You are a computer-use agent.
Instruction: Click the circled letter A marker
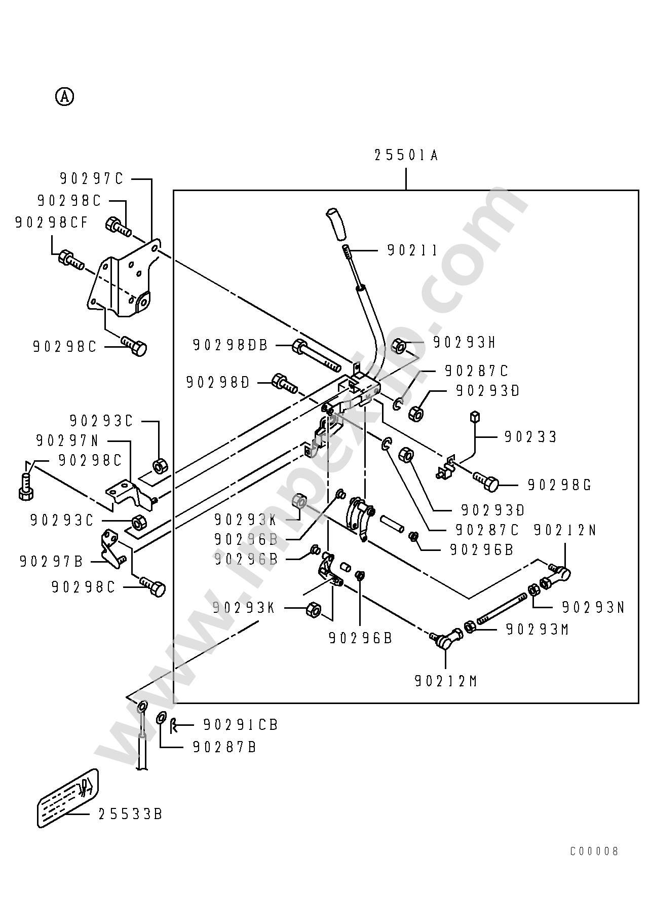click(x=64, y=96)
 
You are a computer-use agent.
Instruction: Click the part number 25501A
click(x=406, y=155)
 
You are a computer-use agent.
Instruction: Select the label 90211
click(x=412, y=250)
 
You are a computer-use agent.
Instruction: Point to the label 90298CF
click(x=51, y=223)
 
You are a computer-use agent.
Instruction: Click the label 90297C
click(x=92, y=179)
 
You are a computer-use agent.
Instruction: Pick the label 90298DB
click(x=230, y=345)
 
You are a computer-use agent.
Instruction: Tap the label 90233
click(x=530, y=437)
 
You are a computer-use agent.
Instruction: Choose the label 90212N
click(x=565, y=530)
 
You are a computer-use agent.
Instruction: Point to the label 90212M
click(x=446, y=682)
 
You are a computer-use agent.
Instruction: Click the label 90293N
click(x=593, y=607)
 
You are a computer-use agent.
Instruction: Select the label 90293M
click(x=538, y=630)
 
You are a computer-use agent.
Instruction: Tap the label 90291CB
click(x=241, y=725)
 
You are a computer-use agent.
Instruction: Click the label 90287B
click(x=224, y=747)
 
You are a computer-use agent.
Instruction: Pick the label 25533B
click(x=130, y=815)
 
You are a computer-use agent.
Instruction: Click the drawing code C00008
click(x=594, y=852)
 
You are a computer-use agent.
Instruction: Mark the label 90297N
click(x=67, y=441)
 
